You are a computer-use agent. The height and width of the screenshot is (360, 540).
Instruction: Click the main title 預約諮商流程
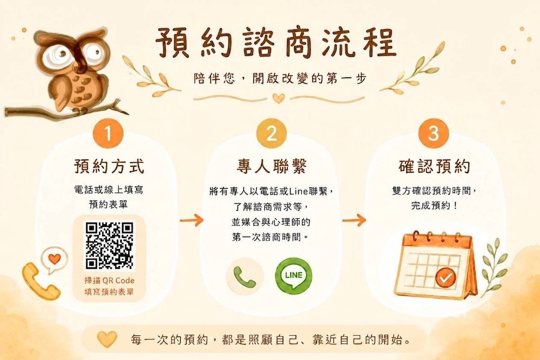pos(276,43)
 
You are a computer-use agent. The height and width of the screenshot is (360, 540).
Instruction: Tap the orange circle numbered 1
pos(108,134)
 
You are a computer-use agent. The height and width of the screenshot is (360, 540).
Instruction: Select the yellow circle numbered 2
pos(271,134)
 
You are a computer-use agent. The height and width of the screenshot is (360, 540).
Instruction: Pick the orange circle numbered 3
pos(434,134)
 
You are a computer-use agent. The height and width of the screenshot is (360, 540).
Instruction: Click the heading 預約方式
pos(109,166)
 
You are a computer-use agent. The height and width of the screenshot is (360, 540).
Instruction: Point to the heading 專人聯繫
pos(272,166)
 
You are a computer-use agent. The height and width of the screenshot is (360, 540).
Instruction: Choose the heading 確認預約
pos(434,166)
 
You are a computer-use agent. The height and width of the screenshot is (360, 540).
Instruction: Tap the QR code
pos(109,246)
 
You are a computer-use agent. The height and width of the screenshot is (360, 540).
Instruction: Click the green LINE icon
pos(293,276)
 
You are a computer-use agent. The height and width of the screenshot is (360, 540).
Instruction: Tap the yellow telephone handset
pos(40,282)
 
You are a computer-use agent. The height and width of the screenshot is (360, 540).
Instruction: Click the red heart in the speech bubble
pos(55,259)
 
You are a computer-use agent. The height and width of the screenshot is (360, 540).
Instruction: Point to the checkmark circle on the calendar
pos(446,278)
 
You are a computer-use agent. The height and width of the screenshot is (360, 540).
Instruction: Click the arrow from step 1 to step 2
pos(192,220)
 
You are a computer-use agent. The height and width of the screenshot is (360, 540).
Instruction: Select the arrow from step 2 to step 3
pos(354,220)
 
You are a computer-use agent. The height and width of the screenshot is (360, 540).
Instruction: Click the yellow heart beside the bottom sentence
pos(107,339)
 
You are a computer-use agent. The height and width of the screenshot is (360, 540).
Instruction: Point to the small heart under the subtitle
pos(279,98)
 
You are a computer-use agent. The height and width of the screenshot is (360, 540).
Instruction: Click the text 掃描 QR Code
pos(109,281)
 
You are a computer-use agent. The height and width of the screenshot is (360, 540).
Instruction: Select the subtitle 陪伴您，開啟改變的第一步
pos(280,78)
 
